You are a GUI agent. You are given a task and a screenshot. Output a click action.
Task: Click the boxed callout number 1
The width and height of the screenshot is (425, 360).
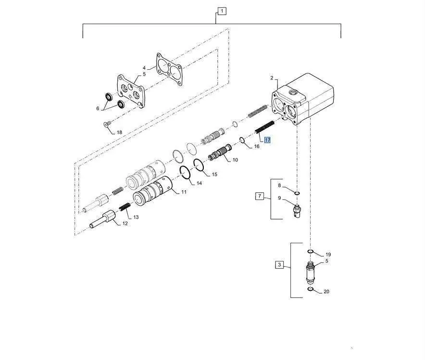coord(222,11)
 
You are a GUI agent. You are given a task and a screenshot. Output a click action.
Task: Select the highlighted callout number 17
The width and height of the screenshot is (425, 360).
coord(267,140)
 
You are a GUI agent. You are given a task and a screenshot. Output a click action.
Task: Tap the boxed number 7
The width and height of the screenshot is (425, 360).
coord(260,196)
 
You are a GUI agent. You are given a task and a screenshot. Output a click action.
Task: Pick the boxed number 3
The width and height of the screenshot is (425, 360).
coord(279,265)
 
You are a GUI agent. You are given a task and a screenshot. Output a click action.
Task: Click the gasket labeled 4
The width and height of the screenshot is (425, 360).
coord(169,69)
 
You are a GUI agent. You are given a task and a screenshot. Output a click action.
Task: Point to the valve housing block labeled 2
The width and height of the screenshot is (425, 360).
coord(302,99)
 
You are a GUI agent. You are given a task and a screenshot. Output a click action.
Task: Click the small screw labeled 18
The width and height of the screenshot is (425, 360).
coord(107,124)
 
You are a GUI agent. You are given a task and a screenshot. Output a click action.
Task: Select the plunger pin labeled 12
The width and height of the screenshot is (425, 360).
coord(103,219)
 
